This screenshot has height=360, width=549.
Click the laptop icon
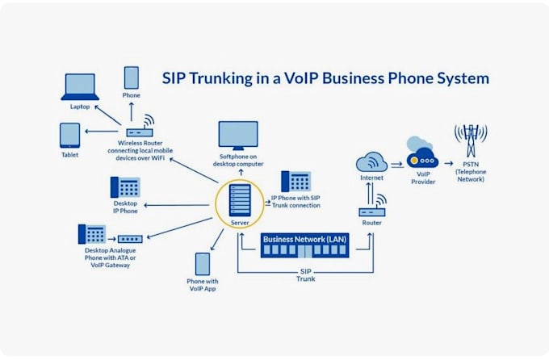pyautogui.click(x=80, y=86)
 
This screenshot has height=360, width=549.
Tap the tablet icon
pyautogui.click(x=69, y=135)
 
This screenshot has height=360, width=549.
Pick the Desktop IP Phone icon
pyautogui.click(x=124, y=187)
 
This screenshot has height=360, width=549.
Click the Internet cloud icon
pyautogui.click(x=371, y=161)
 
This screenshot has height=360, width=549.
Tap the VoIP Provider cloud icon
pyautogui.click(x=423, y=157)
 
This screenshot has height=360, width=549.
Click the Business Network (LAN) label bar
pyautogui.click(x=304, y=239)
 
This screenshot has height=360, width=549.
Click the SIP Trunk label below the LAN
pyautogui.click(x=304, y=274)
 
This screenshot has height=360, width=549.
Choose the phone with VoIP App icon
pyautogui.click(x=202, y=264)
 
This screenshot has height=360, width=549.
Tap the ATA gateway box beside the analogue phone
pyautogui.click(x=130, y=239)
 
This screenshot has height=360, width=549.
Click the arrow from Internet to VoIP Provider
pyautogui.click(x=396, y=165)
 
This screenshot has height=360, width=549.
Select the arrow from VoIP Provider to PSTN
pyautogui.click(x=448, y=165)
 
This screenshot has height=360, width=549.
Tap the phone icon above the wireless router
pyautogui.click(x=132, y=77)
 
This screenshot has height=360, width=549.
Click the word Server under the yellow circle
pyautogui.click(x=241, y=222)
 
